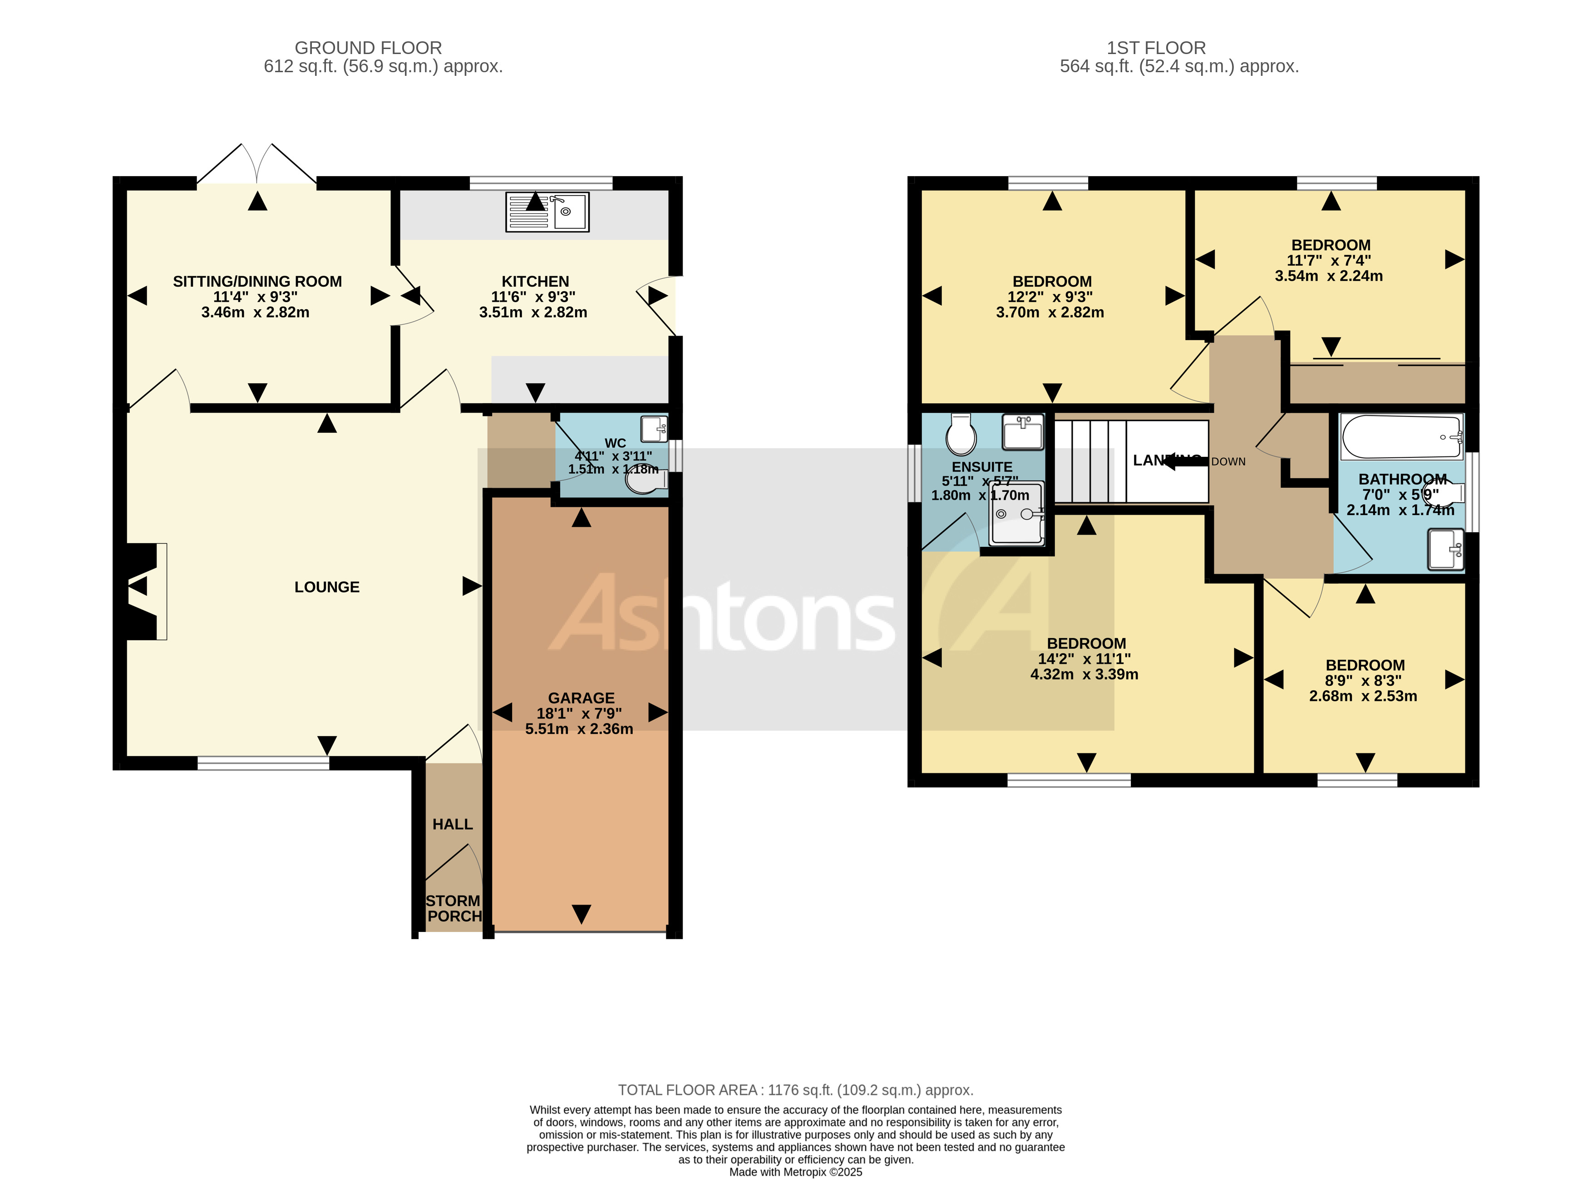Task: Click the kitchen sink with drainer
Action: pos(547,212)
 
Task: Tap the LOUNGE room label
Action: pos(327,587)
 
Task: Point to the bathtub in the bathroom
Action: pos(1401,436)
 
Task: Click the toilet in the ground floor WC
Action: pos(646,482)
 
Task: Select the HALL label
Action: pos(452,824)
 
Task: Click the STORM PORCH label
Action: pos(453,908)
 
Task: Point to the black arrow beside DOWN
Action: pos(1182,462)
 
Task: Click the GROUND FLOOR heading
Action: pos(368,48)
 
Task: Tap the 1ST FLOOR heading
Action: pos(1155,48)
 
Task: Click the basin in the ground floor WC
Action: pos(653,429)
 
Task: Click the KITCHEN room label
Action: pos(535,281)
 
